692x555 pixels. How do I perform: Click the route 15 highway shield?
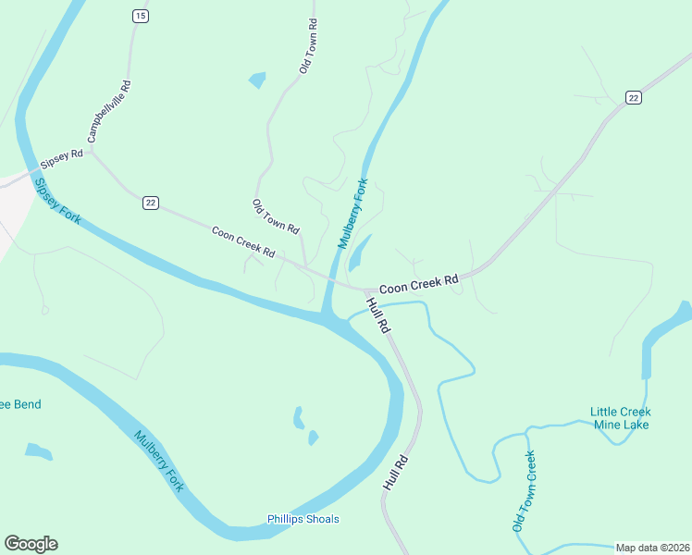point(140,16)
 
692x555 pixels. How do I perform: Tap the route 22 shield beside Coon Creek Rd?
point(151,203)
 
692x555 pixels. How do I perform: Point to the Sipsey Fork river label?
point(58,200)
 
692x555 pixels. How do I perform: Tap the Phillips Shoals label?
point(303,519)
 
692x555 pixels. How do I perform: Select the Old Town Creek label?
point(524,491)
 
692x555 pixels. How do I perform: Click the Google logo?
point(31,544)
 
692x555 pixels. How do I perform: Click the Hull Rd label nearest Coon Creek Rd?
point(379,315)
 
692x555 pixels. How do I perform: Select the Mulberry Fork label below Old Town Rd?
point(352,214)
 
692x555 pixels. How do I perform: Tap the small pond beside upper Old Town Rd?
point(257,80)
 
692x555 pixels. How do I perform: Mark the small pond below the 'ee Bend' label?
point(38,451)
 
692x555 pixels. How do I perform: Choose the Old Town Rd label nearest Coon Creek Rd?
point(276,216)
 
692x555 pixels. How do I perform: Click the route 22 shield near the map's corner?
point(633,97)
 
